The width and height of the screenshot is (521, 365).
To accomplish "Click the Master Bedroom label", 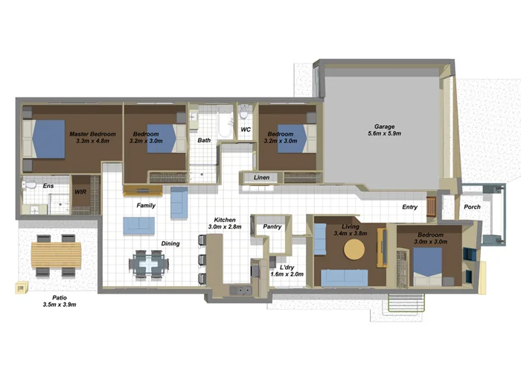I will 89,134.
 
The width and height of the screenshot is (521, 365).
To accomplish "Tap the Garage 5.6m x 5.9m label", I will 384,127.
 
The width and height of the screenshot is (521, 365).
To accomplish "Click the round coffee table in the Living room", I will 354,250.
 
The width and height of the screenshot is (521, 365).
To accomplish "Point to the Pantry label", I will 272,226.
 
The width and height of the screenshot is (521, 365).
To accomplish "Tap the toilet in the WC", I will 244,114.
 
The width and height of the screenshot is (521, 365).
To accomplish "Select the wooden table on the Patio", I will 56,255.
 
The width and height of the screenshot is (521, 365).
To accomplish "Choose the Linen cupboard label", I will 261,177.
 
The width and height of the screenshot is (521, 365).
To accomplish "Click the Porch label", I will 473,207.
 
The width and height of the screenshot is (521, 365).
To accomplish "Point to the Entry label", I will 410,207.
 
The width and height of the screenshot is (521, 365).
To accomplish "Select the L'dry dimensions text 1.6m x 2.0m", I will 287,274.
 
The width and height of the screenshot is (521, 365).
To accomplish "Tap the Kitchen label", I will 225,220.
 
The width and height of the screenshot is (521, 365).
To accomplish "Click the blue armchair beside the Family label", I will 179,203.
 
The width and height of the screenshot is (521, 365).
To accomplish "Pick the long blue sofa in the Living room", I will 344,277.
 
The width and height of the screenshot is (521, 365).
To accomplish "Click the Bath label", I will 203,140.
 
